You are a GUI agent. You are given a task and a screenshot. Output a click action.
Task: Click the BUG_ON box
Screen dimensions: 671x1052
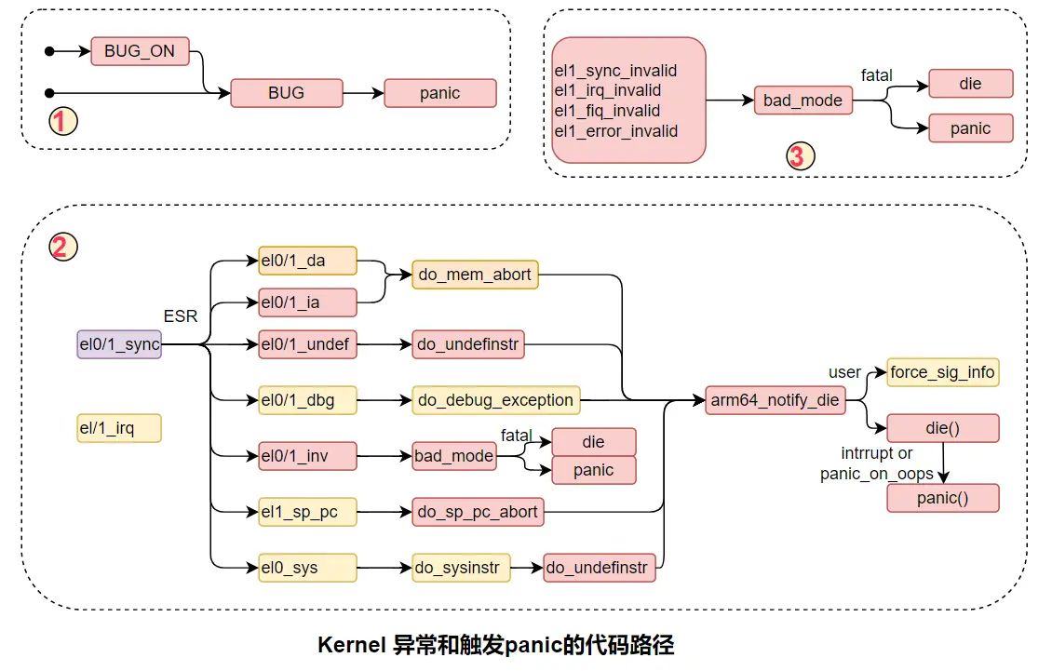pos(140,51)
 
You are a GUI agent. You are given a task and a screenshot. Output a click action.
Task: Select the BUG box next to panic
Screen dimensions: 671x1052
pos(286,93)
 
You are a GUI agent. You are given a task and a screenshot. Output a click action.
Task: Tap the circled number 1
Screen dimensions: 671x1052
pos(63,121)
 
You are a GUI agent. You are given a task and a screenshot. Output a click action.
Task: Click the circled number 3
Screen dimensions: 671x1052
pos(797,156)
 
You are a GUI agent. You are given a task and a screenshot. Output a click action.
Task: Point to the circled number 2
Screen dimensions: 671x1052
pos(63,247)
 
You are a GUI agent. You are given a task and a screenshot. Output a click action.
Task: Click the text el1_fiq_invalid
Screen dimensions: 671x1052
pos(607,111)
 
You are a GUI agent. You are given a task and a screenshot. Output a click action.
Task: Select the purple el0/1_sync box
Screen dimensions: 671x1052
pos(119,344)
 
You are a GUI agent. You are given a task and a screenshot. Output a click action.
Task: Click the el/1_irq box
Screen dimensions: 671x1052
pos(119,428)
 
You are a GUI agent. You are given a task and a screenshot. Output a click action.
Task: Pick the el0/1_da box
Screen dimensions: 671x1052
pos(307,261)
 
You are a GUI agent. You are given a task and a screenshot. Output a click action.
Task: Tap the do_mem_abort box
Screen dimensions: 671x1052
pos(475,275)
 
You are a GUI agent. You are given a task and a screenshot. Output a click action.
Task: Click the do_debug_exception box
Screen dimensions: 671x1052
pos(495,400)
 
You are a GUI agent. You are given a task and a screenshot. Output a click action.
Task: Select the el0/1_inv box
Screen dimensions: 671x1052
pos(307,456)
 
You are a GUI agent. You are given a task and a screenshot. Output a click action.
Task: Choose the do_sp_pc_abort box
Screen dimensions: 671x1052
pos(478,511)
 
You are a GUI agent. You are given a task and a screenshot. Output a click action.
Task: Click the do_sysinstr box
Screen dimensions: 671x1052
pos(461,567)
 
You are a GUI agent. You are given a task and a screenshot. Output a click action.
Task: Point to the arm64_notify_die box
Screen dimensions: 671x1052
pos(774,401)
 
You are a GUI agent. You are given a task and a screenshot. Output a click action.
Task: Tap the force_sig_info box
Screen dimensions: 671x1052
pos(942,372)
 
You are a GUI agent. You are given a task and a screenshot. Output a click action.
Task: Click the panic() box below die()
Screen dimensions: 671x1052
pos(942,498)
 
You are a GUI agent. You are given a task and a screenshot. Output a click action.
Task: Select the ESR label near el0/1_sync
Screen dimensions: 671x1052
pos(181,316)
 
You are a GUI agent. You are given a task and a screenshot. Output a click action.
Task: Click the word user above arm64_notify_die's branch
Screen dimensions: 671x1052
pos(844,372)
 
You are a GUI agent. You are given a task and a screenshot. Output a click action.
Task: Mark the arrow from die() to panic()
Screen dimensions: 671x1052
pos(944,463)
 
